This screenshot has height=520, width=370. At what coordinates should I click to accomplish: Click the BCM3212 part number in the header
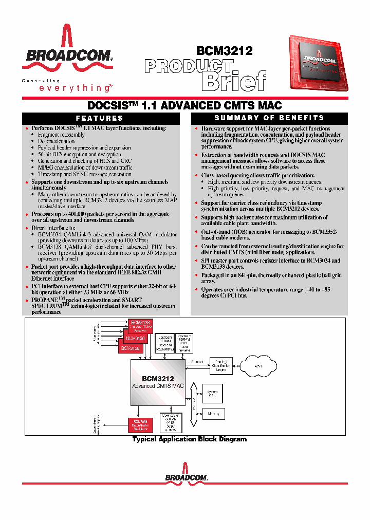pos(225,50)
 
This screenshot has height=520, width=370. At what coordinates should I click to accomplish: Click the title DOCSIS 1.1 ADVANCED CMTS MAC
pos(184,106)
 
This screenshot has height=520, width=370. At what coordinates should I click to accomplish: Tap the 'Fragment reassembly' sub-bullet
pos(61,135)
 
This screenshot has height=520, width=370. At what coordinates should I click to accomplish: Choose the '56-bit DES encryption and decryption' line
pos(79,154)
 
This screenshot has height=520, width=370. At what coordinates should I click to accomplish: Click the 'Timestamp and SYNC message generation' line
pos(84,174)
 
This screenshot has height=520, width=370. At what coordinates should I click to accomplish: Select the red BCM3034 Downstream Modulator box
pos(140,424)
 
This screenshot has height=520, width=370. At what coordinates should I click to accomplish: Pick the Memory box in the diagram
pos(213,414)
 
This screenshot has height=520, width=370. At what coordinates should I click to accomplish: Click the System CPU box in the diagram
pos(212,395)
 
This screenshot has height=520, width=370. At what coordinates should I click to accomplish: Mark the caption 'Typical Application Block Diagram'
pos(189,439)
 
